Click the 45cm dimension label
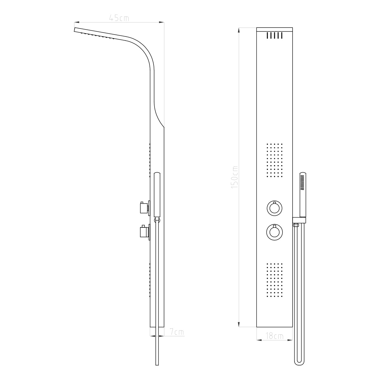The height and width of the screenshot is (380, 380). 119,18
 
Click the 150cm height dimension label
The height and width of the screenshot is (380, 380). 235,177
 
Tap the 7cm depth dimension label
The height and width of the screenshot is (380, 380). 177,332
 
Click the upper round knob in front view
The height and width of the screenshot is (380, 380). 274,208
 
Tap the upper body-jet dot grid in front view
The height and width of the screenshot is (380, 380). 274,160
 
